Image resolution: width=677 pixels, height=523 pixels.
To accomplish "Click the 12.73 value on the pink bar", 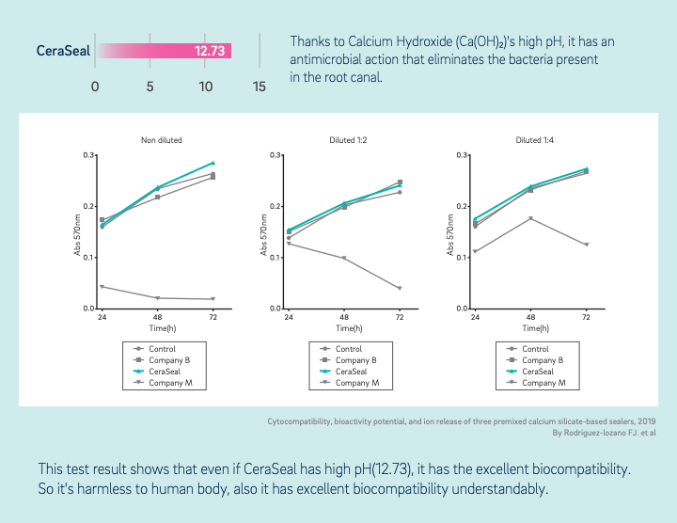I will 210,51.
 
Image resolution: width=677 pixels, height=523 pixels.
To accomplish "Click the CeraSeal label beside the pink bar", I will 64,51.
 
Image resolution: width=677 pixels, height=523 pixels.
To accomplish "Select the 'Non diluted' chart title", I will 162,140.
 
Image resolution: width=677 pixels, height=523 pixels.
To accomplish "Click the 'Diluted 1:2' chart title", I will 348,140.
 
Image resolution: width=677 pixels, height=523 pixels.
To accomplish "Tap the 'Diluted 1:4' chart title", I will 534,140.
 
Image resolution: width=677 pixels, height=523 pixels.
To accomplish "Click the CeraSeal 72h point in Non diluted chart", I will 213,163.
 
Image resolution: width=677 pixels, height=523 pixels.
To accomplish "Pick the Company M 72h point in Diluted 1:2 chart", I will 400,288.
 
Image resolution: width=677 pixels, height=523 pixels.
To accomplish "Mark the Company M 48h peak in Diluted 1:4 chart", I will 531,218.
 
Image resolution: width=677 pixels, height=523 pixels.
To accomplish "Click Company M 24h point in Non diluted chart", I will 102,287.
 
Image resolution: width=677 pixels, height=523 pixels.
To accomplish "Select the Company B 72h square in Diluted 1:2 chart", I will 400,182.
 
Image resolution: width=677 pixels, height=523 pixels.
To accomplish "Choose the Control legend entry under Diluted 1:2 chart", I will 349,349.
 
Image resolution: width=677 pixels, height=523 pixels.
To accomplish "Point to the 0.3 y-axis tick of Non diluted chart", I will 90,154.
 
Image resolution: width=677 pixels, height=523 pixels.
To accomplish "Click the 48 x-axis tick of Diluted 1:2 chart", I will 344,317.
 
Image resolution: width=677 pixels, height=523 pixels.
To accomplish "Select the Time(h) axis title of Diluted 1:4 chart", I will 532,328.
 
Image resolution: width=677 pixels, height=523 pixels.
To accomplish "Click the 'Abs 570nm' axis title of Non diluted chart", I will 78,231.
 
